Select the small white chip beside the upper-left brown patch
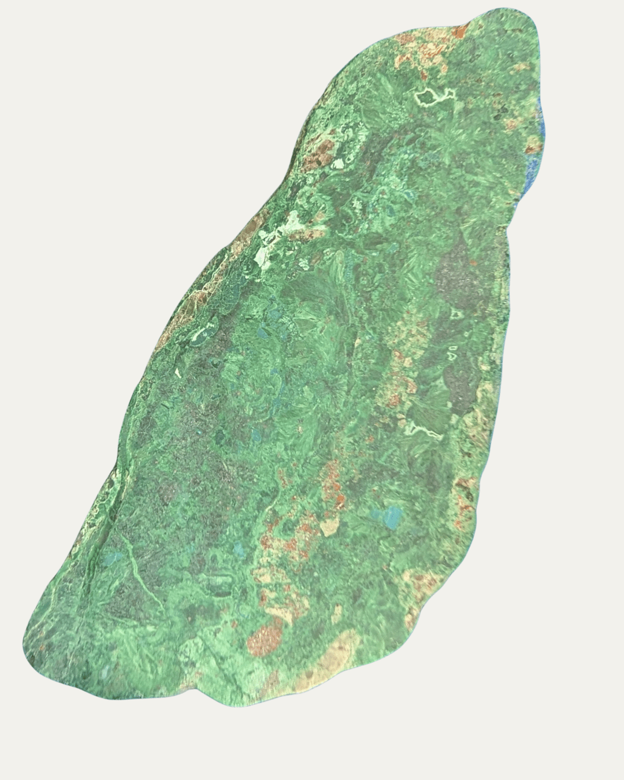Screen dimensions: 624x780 coord(336,164)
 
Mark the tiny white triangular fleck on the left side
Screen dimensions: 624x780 coord(177,373)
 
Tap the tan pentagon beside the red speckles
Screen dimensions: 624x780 coord(329,526)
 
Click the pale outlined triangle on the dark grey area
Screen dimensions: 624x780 coord(452,352)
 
